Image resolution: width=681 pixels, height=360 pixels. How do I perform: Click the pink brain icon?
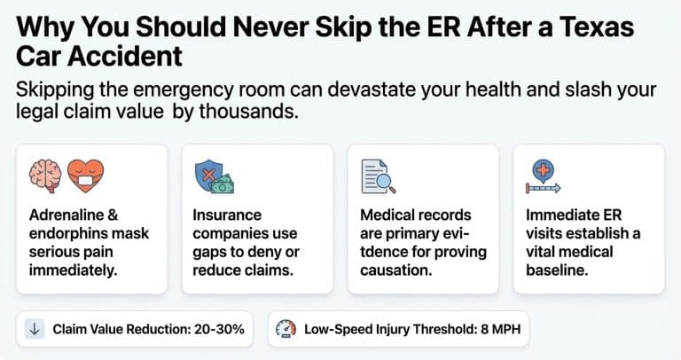[44, 176]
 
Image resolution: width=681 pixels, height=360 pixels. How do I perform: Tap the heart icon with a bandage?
[86, 176]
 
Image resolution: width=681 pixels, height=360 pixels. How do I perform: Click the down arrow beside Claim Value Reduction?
[35, 329]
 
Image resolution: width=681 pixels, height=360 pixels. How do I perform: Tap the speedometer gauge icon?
[286, 329]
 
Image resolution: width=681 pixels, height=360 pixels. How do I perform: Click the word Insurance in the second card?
[228, 215]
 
